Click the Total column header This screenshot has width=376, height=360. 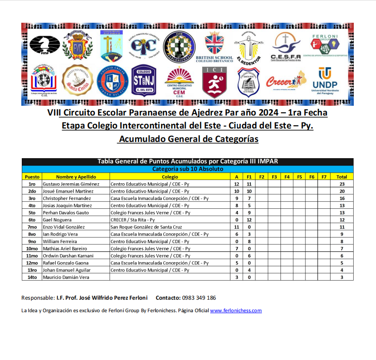(x=342, y=177)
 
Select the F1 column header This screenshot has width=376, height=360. (x=249, y=177)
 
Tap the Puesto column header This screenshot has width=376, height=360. (x=32, y=177)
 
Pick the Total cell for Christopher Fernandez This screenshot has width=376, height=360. (x=342, y=199)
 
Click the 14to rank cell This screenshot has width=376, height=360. (x=32, y=277)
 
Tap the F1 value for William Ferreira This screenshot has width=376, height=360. (x=249, y=242)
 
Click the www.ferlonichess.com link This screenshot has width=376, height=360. (x=236, y=311)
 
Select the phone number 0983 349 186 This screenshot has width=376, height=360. (x=198, y=298)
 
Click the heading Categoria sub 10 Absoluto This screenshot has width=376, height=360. (x=188, y=169)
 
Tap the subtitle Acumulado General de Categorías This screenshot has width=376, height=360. (x=188, y=139)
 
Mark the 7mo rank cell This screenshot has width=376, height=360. (x=32, y=227)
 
